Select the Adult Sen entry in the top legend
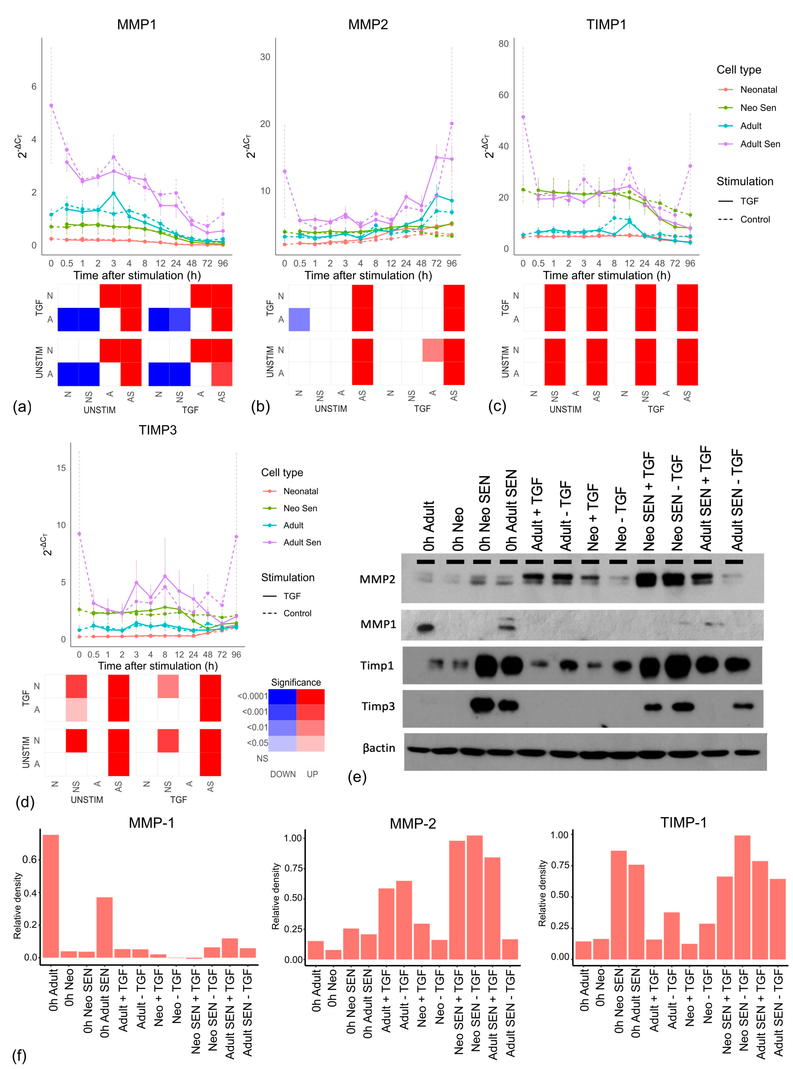click(x=759, y=144)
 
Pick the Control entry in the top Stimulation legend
click(x=755, y=219)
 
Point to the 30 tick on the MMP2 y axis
click(x=265, y=57)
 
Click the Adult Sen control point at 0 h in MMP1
click(x=51, y=106)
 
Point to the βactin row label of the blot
click(x=379, y=748)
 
